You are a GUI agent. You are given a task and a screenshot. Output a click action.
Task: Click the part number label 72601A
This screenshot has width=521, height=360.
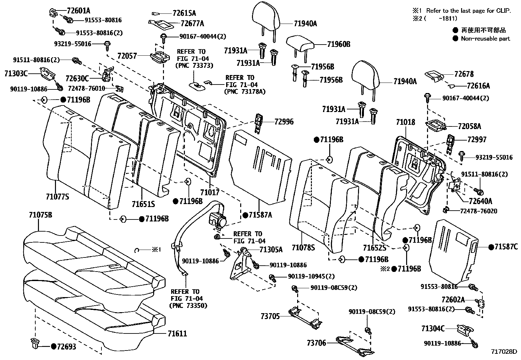coord(79,11)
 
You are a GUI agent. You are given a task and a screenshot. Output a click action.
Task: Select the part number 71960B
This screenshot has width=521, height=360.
coord(338,44)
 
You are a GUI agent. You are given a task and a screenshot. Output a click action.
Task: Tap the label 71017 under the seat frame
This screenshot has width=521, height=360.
coord(210,192)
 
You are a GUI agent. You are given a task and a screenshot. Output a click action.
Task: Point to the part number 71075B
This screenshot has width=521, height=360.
coord(41,215)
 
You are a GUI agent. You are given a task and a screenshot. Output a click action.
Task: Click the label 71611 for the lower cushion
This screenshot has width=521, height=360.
coord(177,334)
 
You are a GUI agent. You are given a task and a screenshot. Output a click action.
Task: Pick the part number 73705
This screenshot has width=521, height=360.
coord(270,316)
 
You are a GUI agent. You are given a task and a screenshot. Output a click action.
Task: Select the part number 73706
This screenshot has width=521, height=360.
coord(316,343)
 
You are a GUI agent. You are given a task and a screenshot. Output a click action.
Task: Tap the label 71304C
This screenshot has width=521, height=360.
coord(433,329)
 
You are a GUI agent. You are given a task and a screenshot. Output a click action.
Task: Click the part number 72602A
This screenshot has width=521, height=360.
coord(453,299)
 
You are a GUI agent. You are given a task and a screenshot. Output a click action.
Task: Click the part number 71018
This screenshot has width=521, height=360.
coord(405,122)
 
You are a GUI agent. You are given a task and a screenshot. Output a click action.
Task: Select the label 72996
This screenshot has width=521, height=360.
coord(284,122)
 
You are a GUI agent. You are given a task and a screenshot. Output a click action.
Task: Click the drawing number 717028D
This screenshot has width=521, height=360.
coord(504,351)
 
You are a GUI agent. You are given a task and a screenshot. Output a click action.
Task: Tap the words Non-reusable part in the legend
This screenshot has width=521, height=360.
coord(485,39)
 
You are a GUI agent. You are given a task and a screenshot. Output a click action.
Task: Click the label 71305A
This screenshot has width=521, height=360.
coord(271,250)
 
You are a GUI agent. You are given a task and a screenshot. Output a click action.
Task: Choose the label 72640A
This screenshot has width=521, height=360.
coord(480,201)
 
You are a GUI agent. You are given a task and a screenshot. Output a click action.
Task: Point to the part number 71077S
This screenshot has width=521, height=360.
coord(58,197)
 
